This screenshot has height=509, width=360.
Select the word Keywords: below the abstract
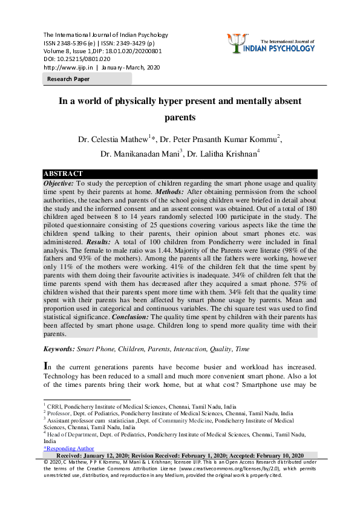(x=59, y=349)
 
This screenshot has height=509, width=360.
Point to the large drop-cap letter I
(x=47, y=366)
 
